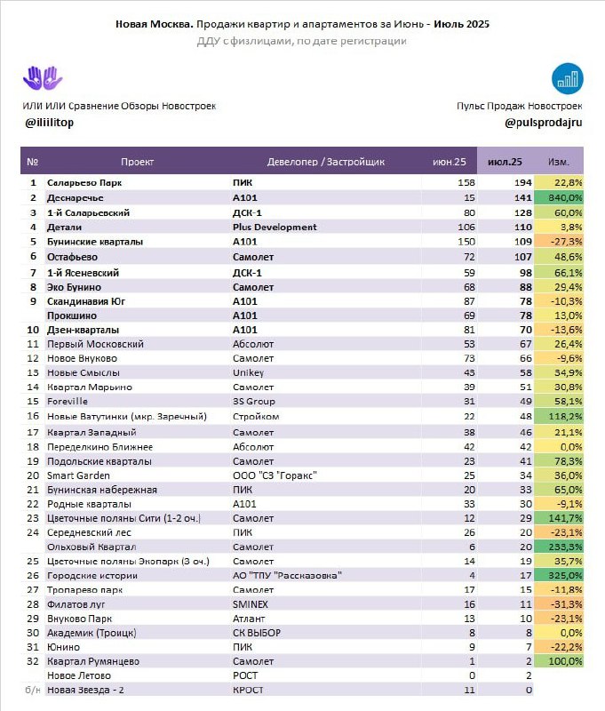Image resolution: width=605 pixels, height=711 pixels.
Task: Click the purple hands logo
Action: click(x=43, y=78)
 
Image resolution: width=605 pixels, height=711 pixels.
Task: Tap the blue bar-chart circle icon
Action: click(x=567, y=78)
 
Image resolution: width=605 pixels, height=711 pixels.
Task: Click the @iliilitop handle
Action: click(x=50, y=123)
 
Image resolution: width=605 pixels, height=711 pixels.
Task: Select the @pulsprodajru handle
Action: click(x=544, y=123)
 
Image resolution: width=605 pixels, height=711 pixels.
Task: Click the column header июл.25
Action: click(x=505, y=162)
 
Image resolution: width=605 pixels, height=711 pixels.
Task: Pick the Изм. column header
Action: click(x=559, y=162)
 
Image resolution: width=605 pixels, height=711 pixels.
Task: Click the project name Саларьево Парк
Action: click(x=84, y=183)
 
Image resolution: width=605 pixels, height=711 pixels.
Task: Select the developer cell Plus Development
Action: click(x=275, y=228)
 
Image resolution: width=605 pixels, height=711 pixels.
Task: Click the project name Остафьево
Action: click(x=72, y=257)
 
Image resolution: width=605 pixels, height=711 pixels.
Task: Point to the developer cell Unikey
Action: click(x=249, y=372)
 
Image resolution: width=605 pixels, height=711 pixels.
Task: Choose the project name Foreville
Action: click(x=67, y=402)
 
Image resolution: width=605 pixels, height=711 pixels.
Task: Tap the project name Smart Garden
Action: click(x=78, y=475)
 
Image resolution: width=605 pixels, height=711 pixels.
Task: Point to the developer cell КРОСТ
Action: click(x=248, y=691)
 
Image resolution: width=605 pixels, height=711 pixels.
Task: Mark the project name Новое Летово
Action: click(x=79, y=675)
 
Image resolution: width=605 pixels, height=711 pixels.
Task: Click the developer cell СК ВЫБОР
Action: click(x=257, y=633)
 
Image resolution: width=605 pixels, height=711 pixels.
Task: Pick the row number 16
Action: click(x=33, y=416)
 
